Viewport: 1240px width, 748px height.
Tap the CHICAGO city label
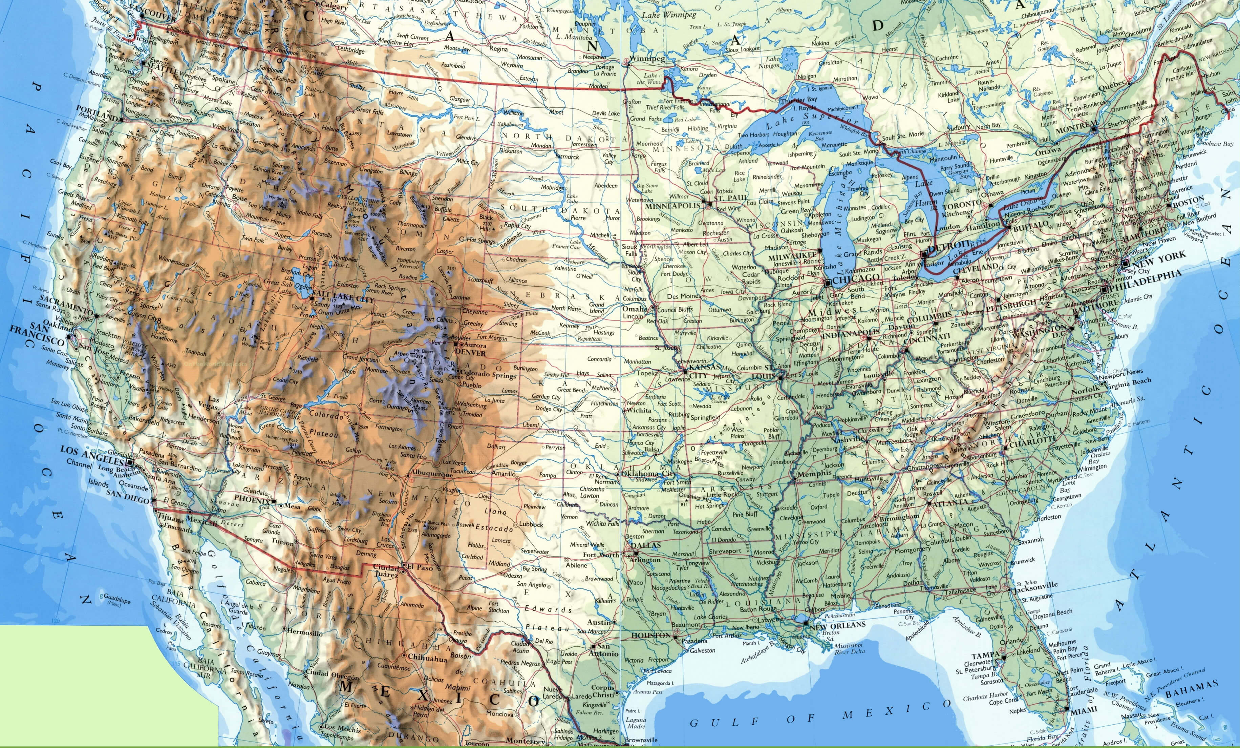(x=856, y=279)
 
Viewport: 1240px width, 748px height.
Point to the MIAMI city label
(x=1084, y=710)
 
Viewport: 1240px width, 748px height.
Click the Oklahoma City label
(x=648, y=474)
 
